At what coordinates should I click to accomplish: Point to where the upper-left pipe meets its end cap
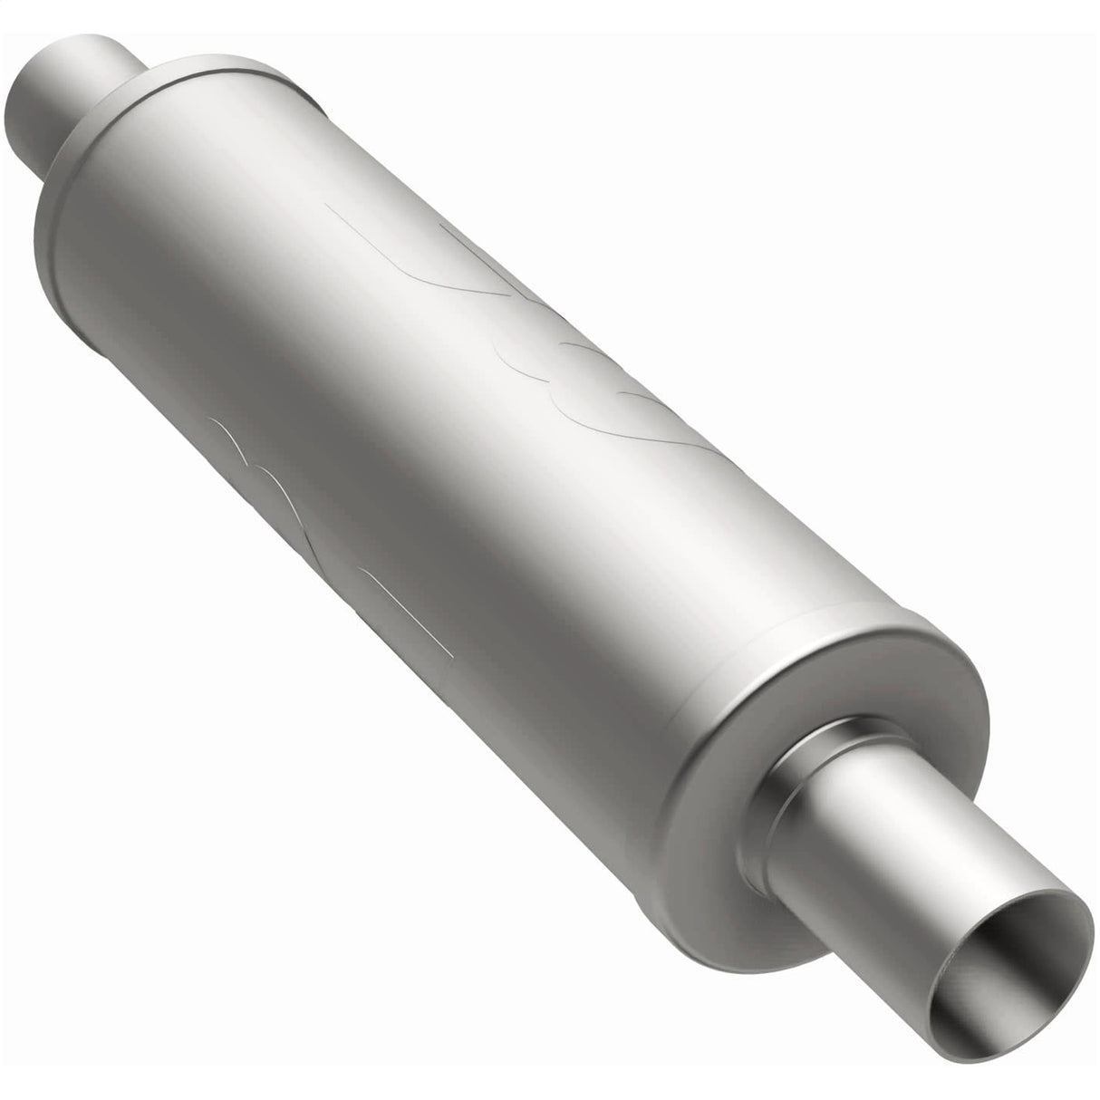pyautogui.click(x=136, y=86)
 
